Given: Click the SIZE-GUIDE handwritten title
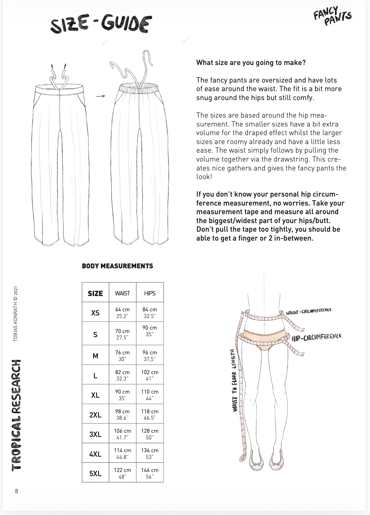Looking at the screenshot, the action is pyautogui.click(x=101, y=25).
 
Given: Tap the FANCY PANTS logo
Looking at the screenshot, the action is pyautogui.click(x=332, y=16).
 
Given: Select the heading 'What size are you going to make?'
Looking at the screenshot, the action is pyautogui.click(x=251, y=62).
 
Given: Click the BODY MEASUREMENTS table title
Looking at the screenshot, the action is pyautogui.click(x=117, y=266).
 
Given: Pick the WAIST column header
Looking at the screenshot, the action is pyautogui.click(x=122, y=293).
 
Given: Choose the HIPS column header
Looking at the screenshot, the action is pyautogui.click(x=150, y=293).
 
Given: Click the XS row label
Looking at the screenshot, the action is pyautogui.click(x=95, y=313).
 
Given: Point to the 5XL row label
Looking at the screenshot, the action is pyautogui.click(x=95, y=474).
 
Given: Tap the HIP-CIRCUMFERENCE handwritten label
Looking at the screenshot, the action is pyautogui.click(x=317, y=337).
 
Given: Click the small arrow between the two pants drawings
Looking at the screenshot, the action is pyautogui.click(x=100, y=96).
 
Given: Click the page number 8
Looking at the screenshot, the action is pyautogui.click(x=17, y=491).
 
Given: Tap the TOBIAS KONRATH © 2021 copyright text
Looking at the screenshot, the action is pyautogui.click(x=15, y=314).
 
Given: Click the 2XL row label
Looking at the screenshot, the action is pyautogui.click(x=95, y=415).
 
